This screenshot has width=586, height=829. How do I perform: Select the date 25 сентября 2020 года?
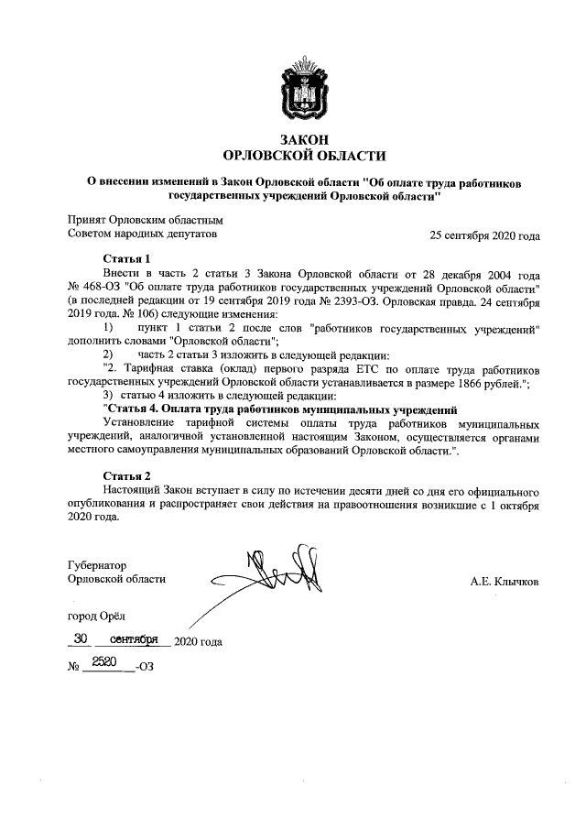click(484, 235)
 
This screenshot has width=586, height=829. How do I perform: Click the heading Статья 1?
click(126, 259)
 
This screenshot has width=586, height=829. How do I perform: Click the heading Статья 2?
click(126, 476)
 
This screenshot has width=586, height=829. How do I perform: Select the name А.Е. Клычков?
click(505, 580)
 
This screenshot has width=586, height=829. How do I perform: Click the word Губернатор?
click(96, 566)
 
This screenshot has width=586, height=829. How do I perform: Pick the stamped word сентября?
click(134, 638)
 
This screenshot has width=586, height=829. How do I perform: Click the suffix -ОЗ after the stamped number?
click(143, 667)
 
